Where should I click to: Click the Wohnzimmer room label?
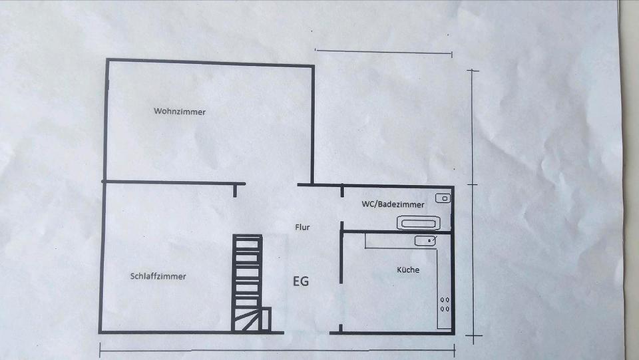pos(180,112)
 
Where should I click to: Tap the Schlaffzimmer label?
pos(158,276)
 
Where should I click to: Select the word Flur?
pos(302,227)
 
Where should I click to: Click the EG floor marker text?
pos(300,281)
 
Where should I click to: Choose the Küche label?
pos(408,270)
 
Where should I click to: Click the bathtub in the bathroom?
pos(419,222)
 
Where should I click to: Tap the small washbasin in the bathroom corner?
pos(443,198)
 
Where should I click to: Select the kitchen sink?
pos(425,240)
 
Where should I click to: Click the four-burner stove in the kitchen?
pos(444,304)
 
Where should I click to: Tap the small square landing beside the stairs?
pos(266,319)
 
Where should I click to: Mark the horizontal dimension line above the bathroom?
pos(383,53)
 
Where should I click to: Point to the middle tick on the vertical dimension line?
pos(473,184)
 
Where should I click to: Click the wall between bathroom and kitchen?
pos(397,232)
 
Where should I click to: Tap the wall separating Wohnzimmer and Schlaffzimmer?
pos(173,182)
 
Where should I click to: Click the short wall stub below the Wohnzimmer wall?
pos(235,191)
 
